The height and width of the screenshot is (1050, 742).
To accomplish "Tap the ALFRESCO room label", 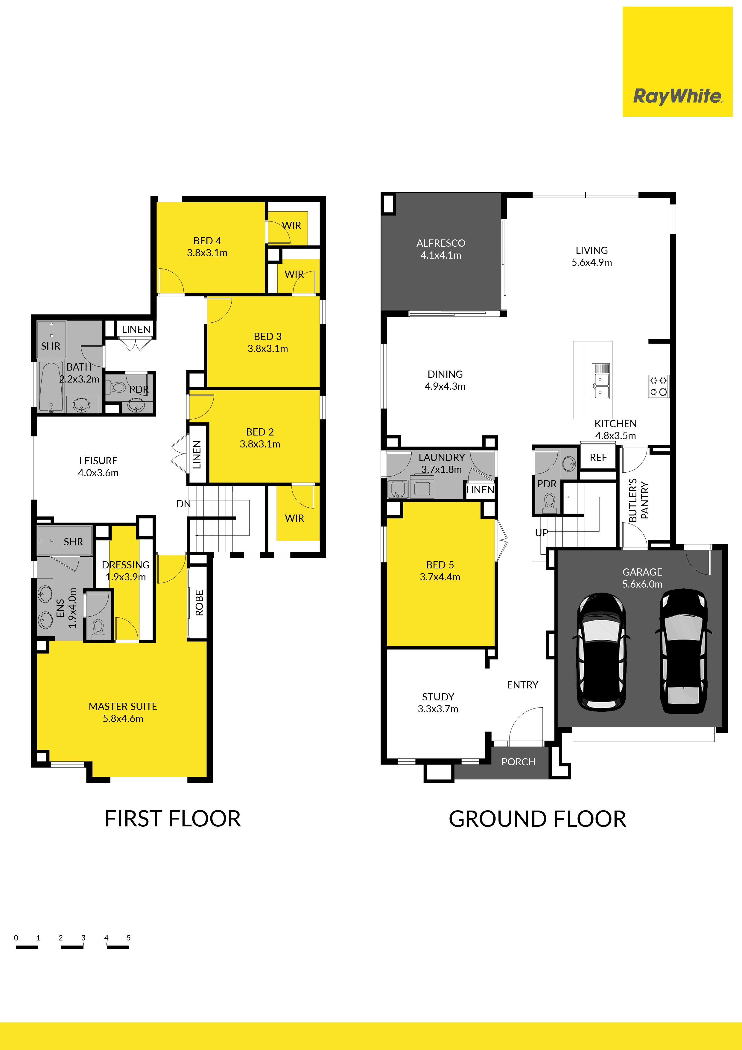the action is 441,243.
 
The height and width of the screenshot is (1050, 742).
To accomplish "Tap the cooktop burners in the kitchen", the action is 659,386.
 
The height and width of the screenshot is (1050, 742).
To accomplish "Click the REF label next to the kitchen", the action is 598,457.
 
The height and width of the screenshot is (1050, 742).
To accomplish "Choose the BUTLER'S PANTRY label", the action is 639,500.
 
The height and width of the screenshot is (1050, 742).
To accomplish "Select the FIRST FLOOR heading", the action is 173,819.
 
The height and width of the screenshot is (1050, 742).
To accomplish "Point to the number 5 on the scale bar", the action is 128,937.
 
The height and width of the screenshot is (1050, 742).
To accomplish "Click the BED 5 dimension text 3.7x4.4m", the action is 440,577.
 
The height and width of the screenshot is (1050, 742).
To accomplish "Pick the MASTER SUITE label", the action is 123,707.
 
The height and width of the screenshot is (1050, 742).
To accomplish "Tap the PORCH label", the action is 518,762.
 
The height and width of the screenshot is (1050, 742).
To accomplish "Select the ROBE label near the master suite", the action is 199,603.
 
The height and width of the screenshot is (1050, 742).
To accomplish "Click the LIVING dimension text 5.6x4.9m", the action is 592,262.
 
